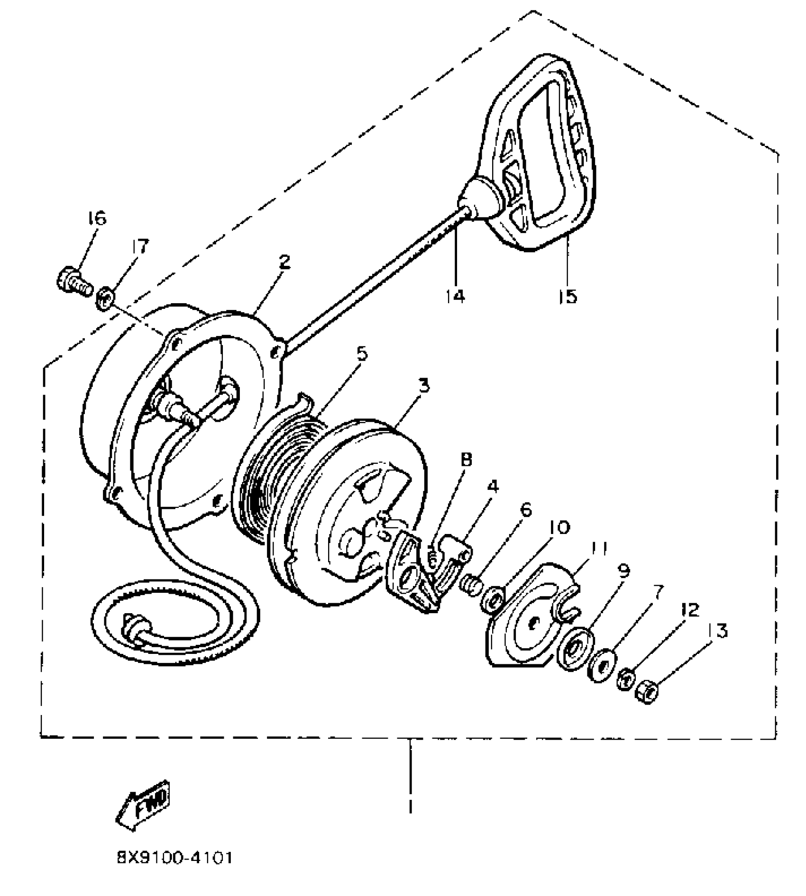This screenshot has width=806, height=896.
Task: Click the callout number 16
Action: (x=96, y=219)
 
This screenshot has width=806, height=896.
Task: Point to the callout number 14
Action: (x=455, y=295)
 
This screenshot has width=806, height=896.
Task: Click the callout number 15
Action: (x=568, y=295)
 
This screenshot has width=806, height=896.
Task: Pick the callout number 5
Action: (x=362, y=354)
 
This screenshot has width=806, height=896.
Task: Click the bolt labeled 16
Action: (x=74, y=282)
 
